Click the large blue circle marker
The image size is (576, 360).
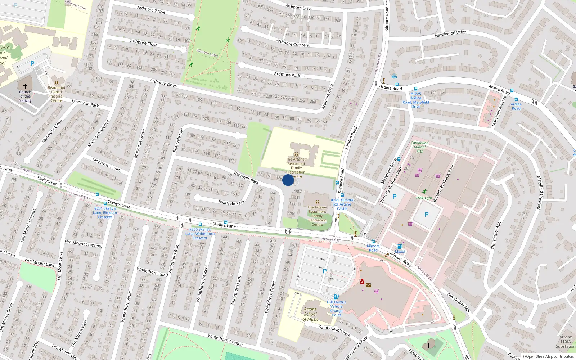click(288, 180)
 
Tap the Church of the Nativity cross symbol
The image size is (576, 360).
click(25, 86)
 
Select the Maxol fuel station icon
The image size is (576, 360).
click(400, 247)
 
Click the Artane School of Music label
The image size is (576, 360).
click(310, 314)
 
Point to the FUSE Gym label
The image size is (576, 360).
click(424, 198)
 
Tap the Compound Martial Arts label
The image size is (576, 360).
click(419, 147)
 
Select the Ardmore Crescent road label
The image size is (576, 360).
click(293, 43)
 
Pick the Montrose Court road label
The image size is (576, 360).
click(106, 165)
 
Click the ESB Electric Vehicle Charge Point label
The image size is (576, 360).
click(336, 309)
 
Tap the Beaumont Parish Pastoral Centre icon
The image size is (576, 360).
click(57, 82)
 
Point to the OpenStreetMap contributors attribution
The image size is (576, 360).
click(548, 356)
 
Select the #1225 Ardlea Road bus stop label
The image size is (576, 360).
click(416, 100)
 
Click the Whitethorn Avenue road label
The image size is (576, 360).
click(225, 339)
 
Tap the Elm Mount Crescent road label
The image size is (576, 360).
click(83, 244)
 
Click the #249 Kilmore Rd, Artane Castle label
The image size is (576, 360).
click(342, 204)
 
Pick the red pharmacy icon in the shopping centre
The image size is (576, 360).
click(362, 282)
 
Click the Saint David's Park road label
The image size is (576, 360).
click(334, 330)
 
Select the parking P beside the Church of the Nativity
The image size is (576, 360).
click(32, 63)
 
